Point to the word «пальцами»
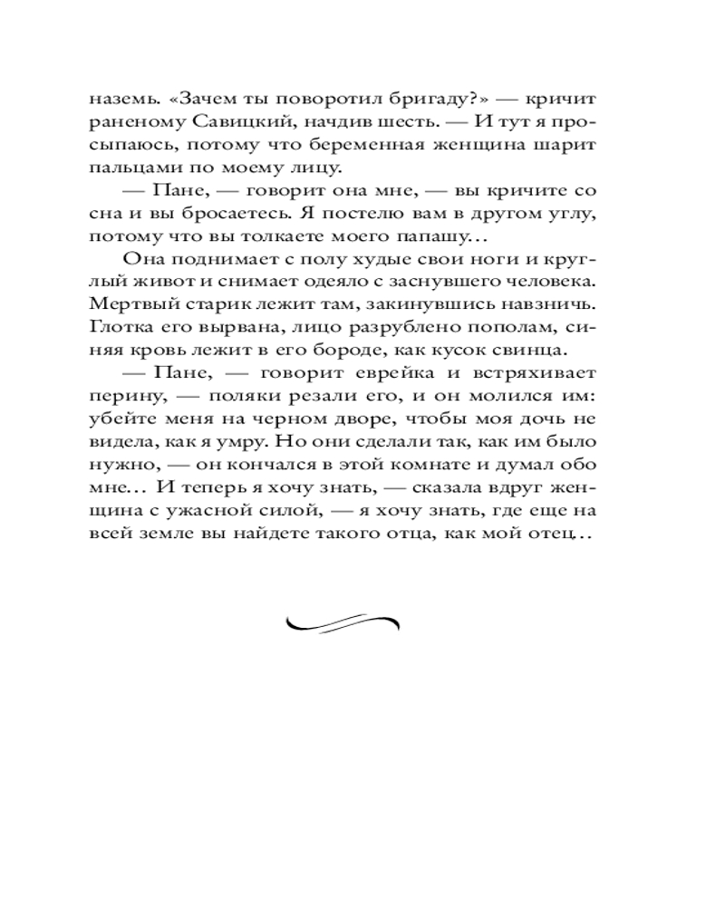coord(129,169)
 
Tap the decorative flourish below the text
coord(343,622)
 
